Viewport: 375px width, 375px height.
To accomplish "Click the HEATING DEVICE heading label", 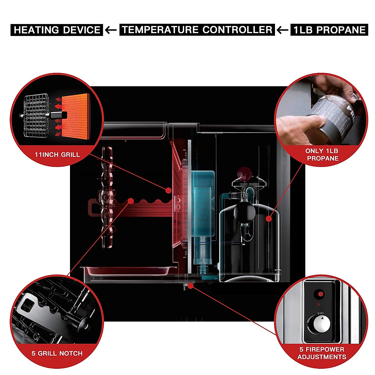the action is coord(57,30).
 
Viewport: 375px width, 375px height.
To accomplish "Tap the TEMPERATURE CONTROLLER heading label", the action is coord(197,30).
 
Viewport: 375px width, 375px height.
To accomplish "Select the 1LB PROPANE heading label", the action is coord(329,30).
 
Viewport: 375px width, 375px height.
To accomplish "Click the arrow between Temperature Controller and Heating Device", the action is coord(111,30).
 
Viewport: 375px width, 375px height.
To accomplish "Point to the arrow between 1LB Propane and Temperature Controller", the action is coord(283,30).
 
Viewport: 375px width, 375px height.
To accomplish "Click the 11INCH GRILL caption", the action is coord(57,154).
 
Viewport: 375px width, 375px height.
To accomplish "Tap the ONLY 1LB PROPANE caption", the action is coord(322,155).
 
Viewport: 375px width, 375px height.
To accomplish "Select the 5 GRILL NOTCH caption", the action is coord(57,353).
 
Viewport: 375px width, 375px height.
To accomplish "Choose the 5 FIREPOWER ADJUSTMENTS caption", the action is coord(322,353).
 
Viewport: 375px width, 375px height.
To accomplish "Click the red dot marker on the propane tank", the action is coord(268,219).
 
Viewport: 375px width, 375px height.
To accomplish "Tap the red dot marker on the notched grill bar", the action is coord(131,200).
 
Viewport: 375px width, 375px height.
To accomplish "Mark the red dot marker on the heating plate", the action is coord(168,190).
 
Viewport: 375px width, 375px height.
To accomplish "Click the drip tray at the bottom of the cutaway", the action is coord(128,271).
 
